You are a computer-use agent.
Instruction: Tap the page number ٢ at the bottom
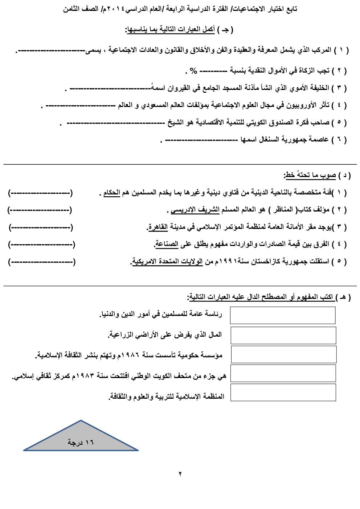click(x=180, y=473)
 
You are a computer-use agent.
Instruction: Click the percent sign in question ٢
click(x=193, y=71)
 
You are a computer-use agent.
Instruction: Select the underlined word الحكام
click(x=111, y=193)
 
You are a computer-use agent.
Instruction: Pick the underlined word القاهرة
click(x=157, y=227)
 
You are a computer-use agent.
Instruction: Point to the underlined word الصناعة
click(x=167, y=244)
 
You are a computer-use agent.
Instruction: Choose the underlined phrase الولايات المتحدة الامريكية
click(x=167, y=262)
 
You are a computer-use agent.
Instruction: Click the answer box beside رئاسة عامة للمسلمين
click(x=282, y=315)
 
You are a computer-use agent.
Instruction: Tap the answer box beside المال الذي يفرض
click(x=283, y=335)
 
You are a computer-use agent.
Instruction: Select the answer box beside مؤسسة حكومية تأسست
click(x=283, y=354)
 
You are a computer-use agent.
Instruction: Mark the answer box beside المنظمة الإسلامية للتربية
click(x=283, y=393)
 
